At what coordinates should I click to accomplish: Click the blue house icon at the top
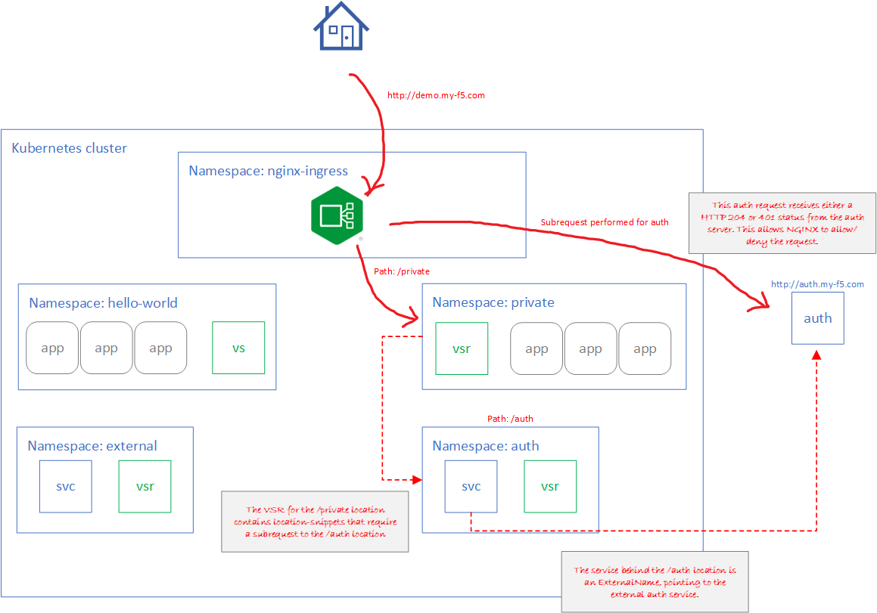[341, 26]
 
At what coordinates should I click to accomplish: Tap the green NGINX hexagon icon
[337, 215]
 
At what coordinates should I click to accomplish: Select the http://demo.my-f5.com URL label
[435, 96]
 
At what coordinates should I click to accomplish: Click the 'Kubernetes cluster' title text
[70, 148]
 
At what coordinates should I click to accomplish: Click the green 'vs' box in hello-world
[238, 348]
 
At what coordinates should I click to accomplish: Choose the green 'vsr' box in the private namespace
[462, 348]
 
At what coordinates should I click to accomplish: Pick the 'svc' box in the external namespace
[66, 486]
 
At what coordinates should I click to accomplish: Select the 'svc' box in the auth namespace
[471, 486]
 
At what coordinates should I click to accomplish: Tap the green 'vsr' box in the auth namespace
[550, 486]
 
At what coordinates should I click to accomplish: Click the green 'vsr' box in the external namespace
[145, 486]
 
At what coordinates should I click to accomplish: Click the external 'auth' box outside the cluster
[817, 318]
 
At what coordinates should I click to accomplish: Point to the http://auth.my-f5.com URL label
[817, 284]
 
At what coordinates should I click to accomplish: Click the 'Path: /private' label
[402, 271]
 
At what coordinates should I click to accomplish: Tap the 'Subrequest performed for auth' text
[605, 222]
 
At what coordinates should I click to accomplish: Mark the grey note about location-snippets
[315, 522]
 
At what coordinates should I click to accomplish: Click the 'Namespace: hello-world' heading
[103, 303]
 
